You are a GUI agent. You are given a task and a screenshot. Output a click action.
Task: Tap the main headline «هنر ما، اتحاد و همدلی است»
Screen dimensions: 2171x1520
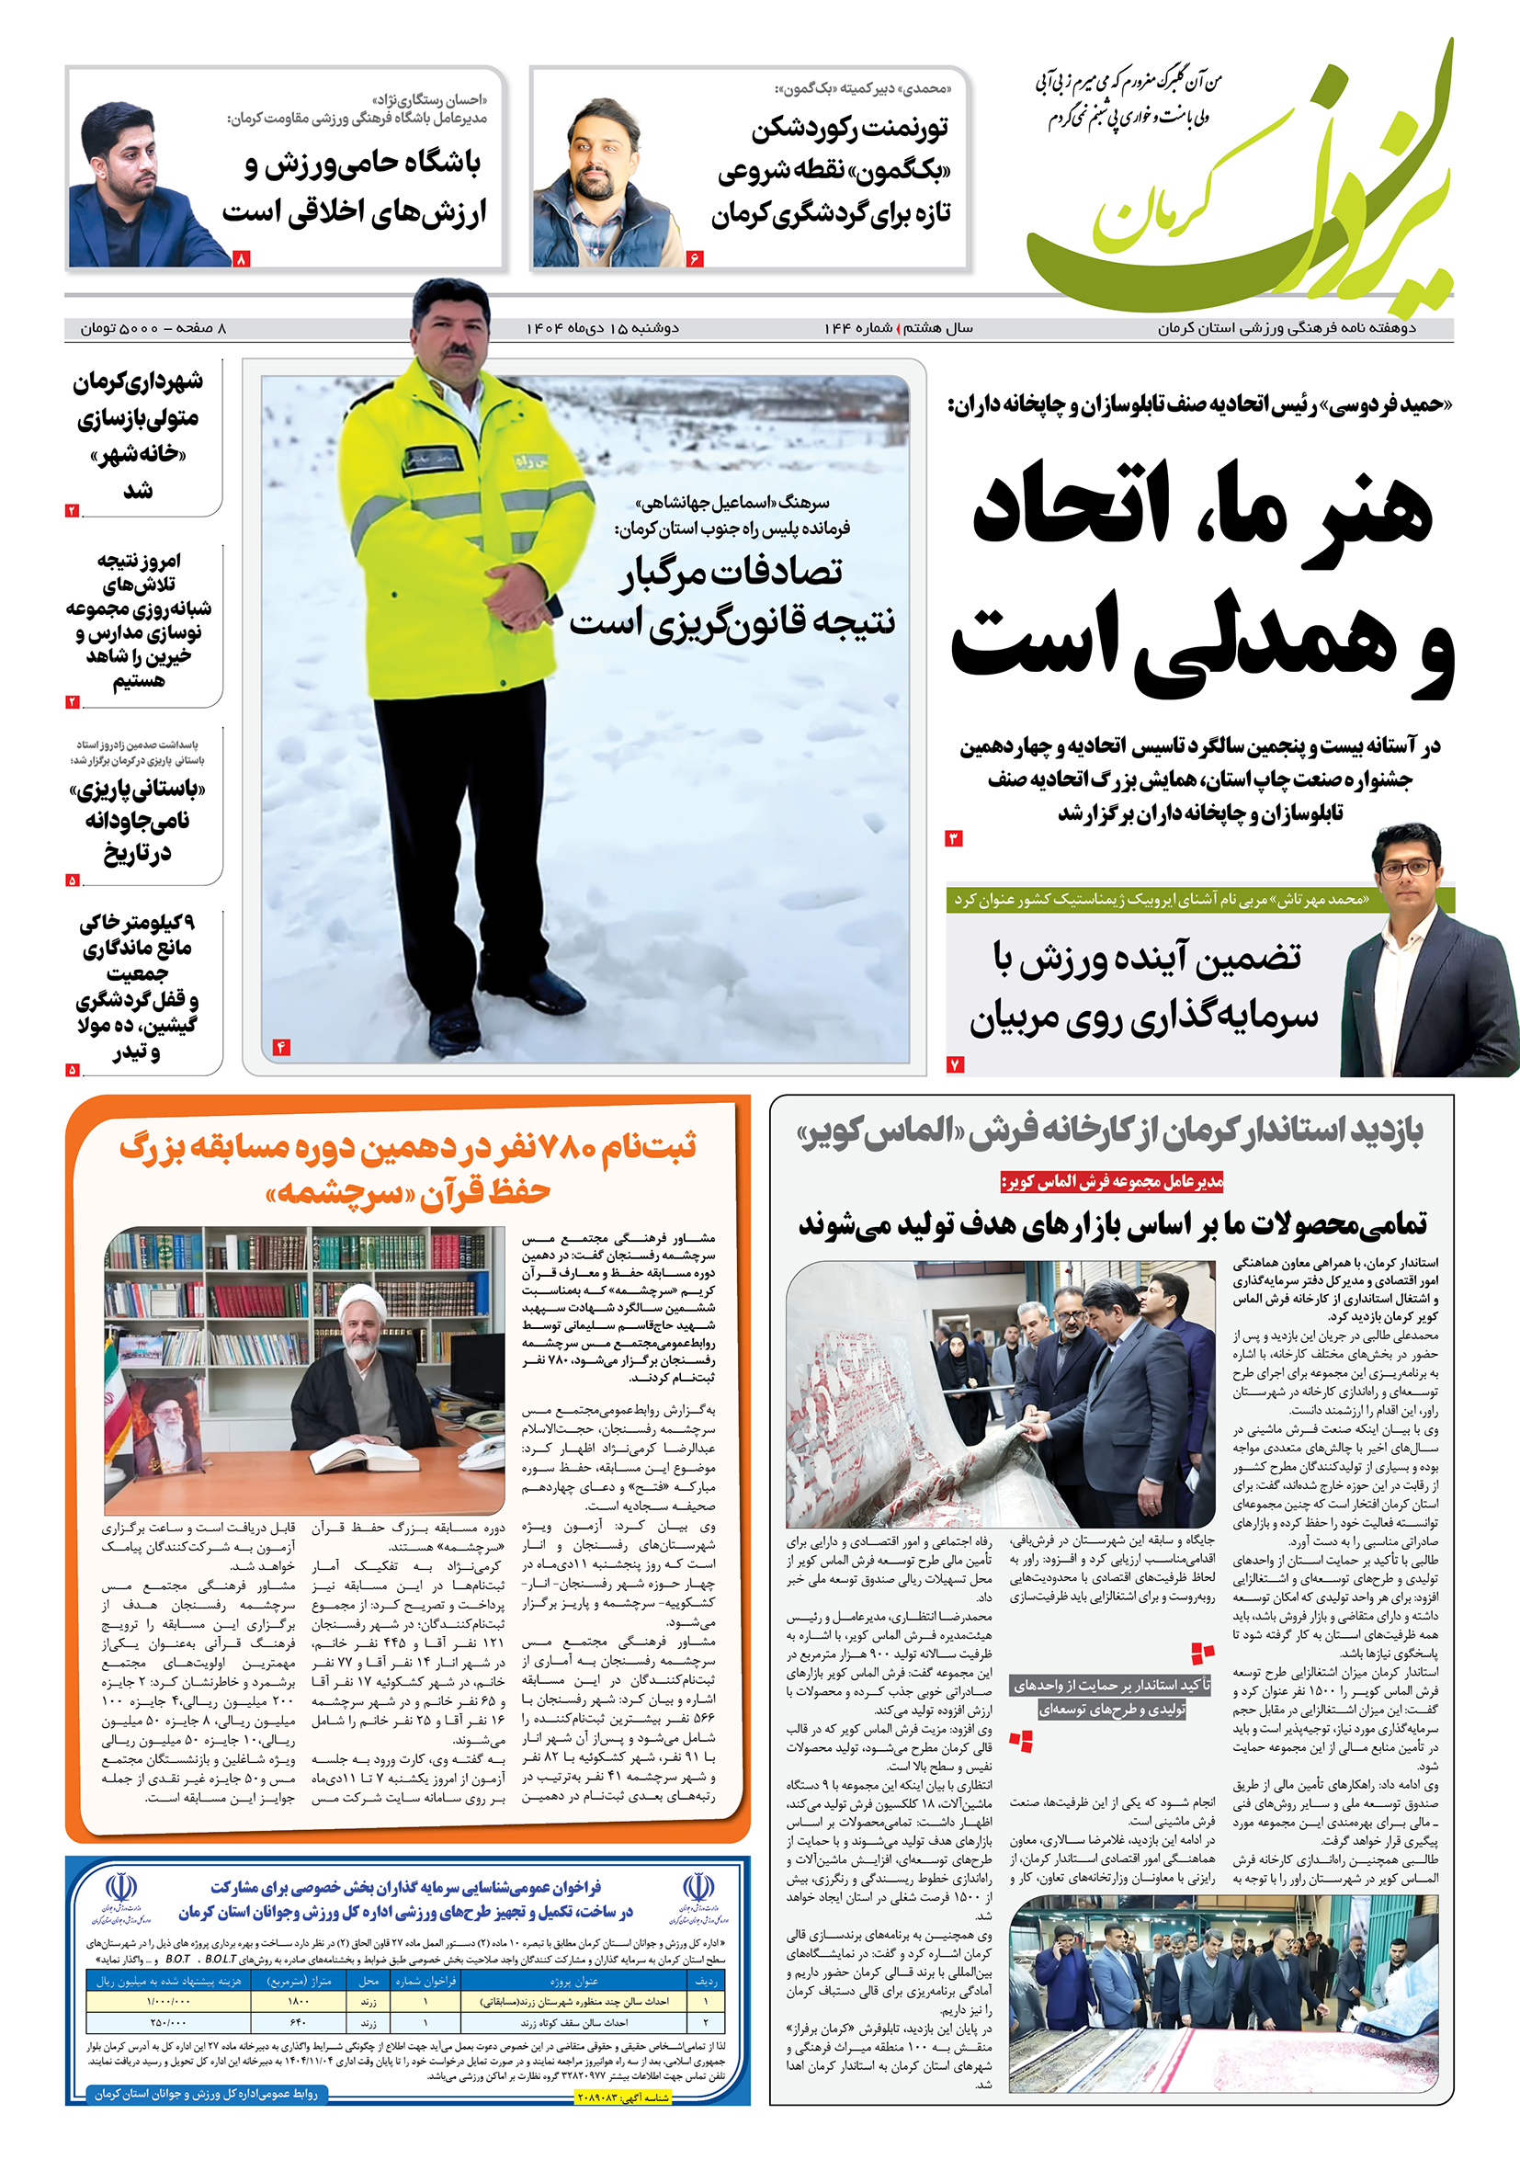[x=1200, y=577]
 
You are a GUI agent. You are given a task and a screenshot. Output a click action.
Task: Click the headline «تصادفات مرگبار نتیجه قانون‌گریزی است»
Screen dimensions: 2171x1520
[x=732, y=596]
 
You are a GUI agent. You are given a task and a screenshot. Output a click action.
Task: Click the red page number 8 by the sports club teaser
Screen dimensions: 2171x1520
[x=241, y=257]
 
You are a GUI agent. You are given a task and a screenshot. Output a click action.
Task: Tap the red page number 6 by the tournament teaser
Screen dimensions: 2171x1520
[x=695, y=257]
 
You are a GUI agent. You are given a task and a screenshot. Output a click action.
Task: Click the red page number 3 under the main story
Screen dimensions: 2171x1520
[x=954, y=838]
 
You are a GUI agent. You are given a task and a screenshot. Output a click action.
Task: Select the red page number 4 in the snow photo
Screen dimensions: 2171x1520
[x=280, y=1047]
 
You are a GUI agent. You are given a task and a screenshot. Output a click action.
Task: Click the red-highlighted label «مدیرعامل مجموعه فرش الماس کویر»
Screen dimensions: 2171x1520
[x=1112, y=1182]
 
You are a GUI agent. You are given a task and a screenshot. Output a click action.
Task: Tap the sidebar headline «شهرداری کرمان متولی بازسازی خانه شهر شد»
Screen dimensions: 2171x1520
[x=138, y=435]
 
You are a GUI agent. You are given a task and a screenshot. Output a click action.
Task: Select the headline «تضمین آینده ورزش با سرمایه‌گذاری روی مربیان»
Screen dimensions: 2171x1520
[x=1144, y=988]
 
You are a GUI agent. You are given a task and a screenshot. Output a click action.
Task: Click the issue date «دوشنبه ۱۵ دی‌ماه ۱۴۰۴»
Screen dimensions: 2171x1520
[x=602, y=328]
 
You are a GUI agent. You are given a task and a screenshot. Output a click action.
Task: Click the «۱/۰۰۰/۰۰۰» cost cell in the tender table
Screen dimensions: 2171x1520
[x=168, y=2002]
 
